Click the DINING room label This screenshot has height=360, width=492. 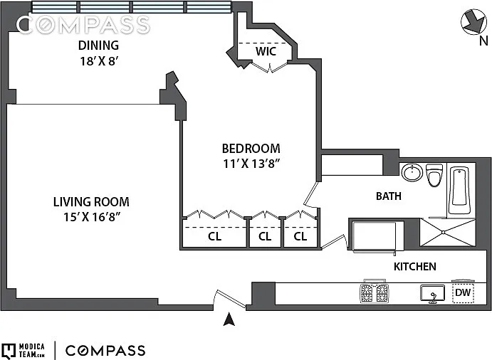coord(98,46)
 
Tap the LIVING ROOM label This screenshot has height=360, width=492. coord(91,201)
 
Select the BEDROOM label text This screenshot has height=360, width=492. coord(251,148)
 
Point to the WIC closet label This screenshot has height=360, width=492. coord(266,51)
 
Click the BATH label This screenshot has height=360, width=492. coord(389,196)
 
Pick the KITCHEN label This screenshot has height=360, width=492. coord(415,267)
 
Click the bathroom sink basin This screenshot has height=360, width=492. coord(412,172)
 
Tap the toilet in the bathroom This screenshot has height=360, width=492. coord(434,175)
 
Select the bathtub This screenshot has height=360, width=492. coord(459,191)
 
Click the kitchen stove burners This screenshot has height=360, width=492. coord(374,293)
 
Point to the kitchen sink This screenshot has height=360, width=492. coord(433,294)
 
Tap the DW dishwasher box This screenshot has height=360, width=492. coord(463,293)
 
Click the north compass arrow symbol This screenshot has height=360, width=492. coord(473,22)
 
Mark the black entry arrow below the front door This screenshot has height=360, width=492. coord(229,319)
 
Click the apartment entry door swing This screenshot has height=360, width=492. coord(230,299)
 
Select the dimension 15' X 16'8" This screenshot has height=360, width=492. coord(91,217)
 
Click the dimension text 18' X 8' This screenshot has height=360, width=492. coord(98,61)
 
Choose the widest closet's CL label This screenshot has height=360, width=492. coord(214,236)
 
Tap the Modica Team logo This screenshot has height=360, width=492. coord(23,351)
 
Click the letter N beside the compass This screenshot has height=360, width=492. coord(483,41)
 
